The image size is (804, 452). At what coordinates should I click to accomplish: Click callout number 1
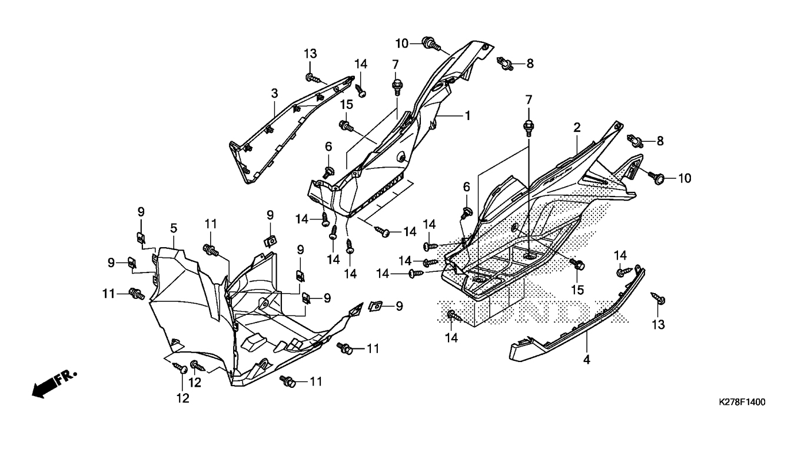[468, 116]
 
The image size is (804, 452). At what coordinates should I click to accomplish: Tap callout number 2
[577, 127]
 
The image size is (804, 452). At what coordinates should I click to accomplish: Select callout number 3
[274, 93]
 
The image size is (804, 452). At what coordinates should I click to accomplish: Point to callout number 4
[587, 358]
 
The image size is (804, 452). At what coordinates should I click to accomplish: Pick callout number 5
[174, 227]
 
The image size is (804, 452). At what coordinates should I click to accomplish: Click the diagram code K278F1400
[742, 403]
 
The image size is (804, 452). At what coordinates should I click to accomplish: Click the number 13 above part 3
[310, 54]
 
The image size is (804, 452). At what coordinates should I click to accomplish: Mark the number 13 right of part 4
[657, 324]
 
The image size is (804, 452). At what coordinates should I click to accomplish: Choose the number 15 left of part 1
[346, 104]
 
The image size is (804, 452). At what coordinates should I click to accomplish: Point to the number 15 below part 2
[577, 290]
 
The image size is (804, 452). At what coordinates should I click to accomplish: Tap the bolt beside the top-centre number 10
[431, 43]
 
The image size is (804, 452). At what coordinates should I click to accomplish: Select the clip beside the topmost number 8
[504, 62]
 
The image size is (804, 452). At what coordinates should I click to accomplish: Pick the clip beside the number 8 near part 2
[636, 140]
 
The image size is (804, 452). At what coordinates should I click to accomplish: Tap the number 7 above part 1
[396, 64]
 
